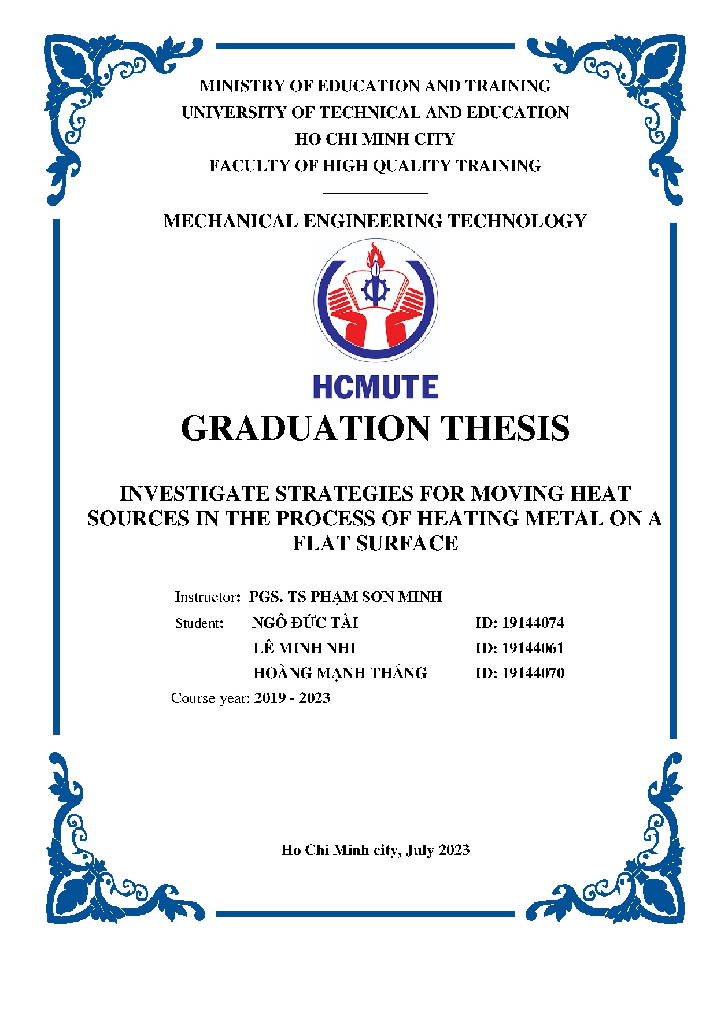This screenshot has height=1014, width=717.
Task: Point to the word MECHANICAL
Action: pos(230,221)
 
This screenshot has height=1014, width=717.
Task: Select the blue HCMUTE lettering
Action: pos(375,387)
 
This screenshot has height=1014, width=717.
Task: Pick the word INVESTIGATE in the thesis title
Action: pos(194,494)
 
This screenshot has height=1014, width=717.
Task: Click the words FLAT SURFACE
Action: pos(375,543)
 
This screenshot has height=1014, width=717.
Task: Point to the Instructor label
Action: pos(205,597)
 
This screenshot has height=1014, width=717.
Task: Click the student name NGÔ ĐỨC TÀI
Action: pos(305,623)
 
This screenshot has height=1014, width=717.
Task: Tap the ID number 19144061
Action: pos(533,648)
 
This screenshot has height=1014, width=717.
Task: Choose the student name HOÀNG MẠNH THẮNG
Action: pos(340,673)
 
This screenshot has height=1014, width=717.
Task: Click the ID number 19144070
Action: pos(533,673)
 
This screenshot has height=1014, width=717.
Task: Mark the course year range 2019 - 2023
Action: pos(292,698)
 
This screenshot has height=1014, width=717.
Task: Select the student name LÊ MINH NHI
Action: pos(304,648)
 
